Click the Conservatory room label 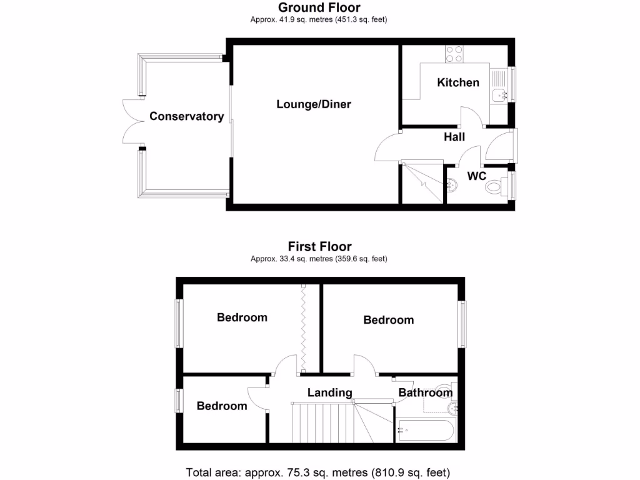pos(186,116)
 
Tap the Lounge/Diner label pos(314,104)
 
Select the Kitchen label pos(458,82)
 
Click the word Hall pos(454,137)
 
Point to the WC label pos(477,176)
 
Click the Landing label pos(329,392)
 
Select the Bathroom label pos(425,392)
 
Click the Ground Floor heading pos(319,8)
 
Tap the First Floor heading pos(319,247)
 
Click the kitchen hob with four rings pos(454,54)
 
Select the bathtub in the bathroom pos(426,430)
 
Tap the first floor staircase pos(325,421)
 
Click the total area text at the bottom pos(318,472)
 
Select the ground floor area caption pos(319,20)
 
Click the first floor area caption pos(319,259)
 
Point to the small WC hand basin pos(452,184)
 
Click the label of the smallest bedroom pos(222,406)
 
